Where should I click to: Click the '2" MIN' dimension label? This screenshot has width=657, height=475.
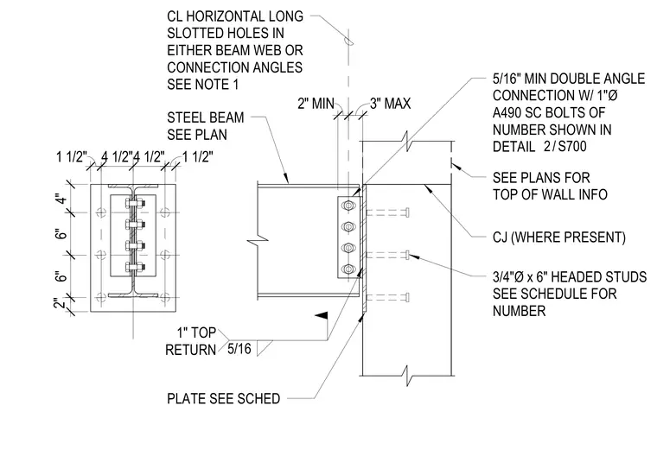pos(316,104)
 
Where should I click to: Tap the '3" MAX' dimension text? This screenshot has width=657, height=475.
pos(390,104)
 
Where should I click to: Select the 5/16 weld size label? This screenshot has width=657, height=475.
pos(239,349)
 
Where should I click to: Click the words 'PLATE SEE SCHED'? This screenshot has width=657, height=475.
pos(223,398)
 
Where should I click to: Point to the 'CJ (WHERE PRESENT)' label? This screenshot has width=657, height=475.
pos(559,237)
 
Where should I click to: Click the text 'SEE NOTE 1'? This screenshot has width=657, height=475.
pos(203,85)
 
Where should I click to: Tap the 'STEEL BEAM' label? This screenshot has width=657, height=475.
pos(206,117)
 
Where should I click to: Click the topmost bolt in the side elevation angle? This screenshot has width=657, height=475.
pos(348,206)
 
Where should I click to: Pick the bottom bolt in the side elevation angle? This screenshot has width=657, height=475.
pos(348,269)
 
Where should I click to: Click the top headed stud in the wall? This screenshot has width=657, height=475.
pos(387,212)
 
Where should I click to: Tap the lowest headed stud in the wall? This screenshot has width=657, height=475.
pos(387,298)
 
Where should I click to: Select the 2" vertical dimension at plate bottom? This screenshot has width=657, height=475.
pos(61,302)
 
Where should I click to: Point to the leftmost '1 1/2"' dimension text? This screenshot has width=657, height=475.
pos(72,157)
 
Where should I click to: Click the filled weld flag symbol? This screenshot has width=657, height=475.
pos(322,317)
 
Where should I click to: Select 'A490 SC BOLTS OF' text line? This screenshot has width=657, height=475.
pos(549,112)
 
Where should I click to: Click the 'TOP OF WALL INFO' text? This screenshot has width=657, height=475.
pos(550,194)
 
